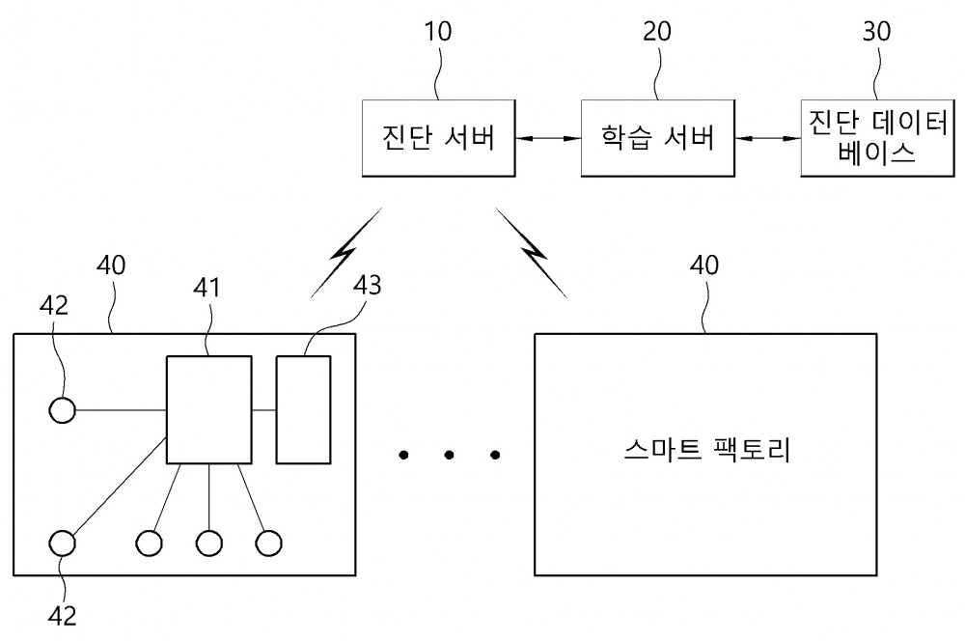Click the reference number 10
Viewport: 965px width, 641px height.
[x=437, y=32]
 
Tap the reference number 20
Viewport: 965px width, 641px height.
[x=656, y=32]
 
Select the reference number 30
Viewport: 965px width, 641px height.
[x=876, y=32]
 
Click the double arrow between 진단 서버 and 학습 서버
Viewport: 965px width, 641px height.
[x=548, y=139]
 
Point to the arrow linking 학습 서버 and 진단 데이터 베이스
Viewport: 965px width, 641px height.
[x=768, y=139]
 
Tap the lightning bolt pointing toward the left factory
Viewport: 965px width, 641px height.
[x=345, y=253]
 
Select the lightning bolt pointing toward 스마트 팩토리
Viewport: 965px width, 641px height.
[x=531, y=253]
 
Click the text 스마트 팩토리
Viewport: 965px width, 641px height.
[x=706, y=449]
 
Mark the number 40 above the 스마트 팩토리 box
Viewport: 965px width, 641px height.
[x=704, y=265]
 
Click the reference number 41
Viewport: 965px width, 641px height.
[x=207, y=288]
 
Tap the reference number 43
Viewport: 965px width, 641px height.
[x=368, y=285]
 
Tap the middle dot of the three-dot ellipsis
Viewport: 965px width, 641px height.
[x=450, y=455]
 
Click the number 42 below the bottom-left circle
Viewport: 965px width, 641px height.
[x=62, y=616]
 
